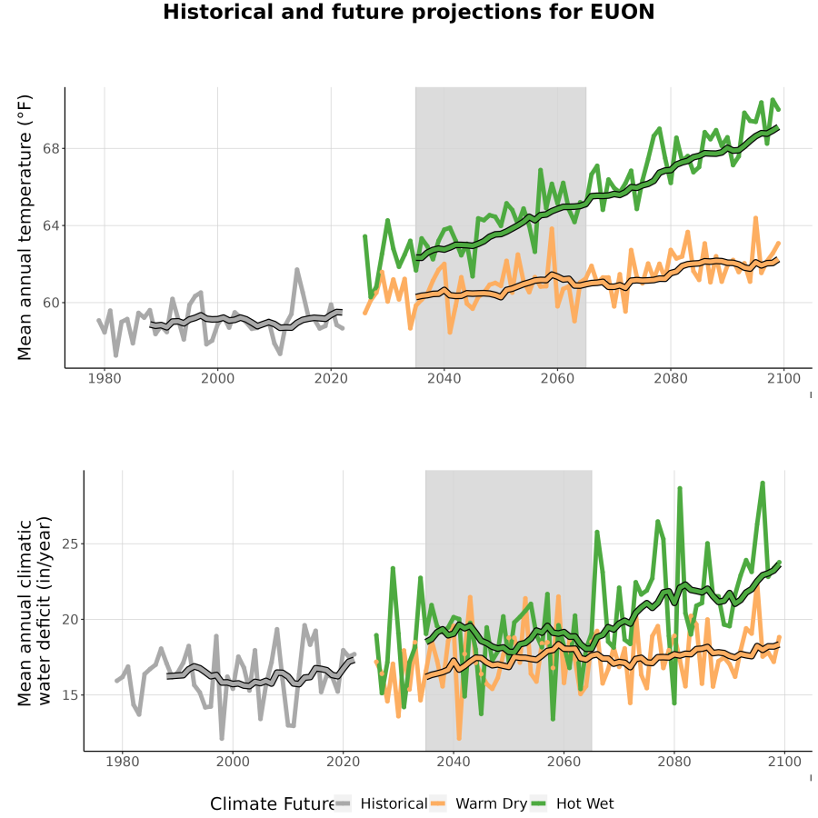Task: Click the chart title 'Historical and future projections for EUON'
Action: coord(408,12)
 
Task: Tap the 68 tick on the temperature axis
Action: coord(51,149)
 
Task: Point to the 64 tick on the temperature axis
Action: coord(51,226)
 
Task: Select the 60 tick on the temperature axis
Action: coord(51,303)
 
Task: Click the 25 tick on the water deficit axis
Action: coord(69,544)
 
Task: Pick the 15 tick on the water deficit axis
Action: coord(69,695)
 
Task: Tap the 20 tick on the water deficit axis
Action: coord(69,620)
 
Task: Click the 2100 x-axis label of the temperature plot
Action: coord(783,378)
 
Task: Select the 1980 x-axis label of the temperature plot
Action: coord(105,378)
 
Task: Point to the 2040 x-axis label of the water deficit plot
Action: coord(454,762)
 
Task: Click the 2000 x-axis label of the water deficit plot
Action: coord(233,762)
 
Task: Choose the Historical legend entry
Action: coord(381,803)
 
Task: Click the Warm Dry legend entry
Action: coord(478,803)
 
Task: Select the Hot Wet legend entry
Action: coord(573,803)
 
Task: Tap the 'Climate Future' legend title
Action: coord(272,804)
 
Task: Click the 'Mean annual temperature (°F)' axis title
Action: coord(25,227)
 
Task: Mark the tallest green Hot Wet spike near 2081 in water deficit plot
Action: coord(680,488)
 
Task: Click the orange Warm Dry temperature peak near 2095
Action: coord(755,218)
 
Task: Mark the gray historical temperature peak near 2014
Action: coord(297,270)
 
